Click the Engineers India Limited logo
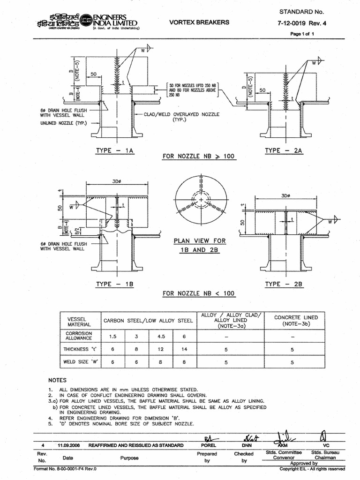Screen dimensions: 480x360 85,22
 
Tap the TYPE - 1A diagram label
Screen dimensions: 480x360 115,150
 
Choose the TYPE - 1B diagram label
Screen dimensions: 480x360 115,284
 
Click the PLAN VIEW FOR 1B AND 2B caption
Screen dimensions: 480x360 200,245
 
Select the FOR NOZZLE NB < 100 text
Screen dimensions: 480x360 199,293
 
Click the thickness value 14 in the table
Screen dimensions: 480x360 185,349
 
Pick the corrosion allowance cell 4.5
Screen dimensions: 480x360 161,336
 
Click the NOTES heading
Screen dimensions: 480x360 58,380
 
